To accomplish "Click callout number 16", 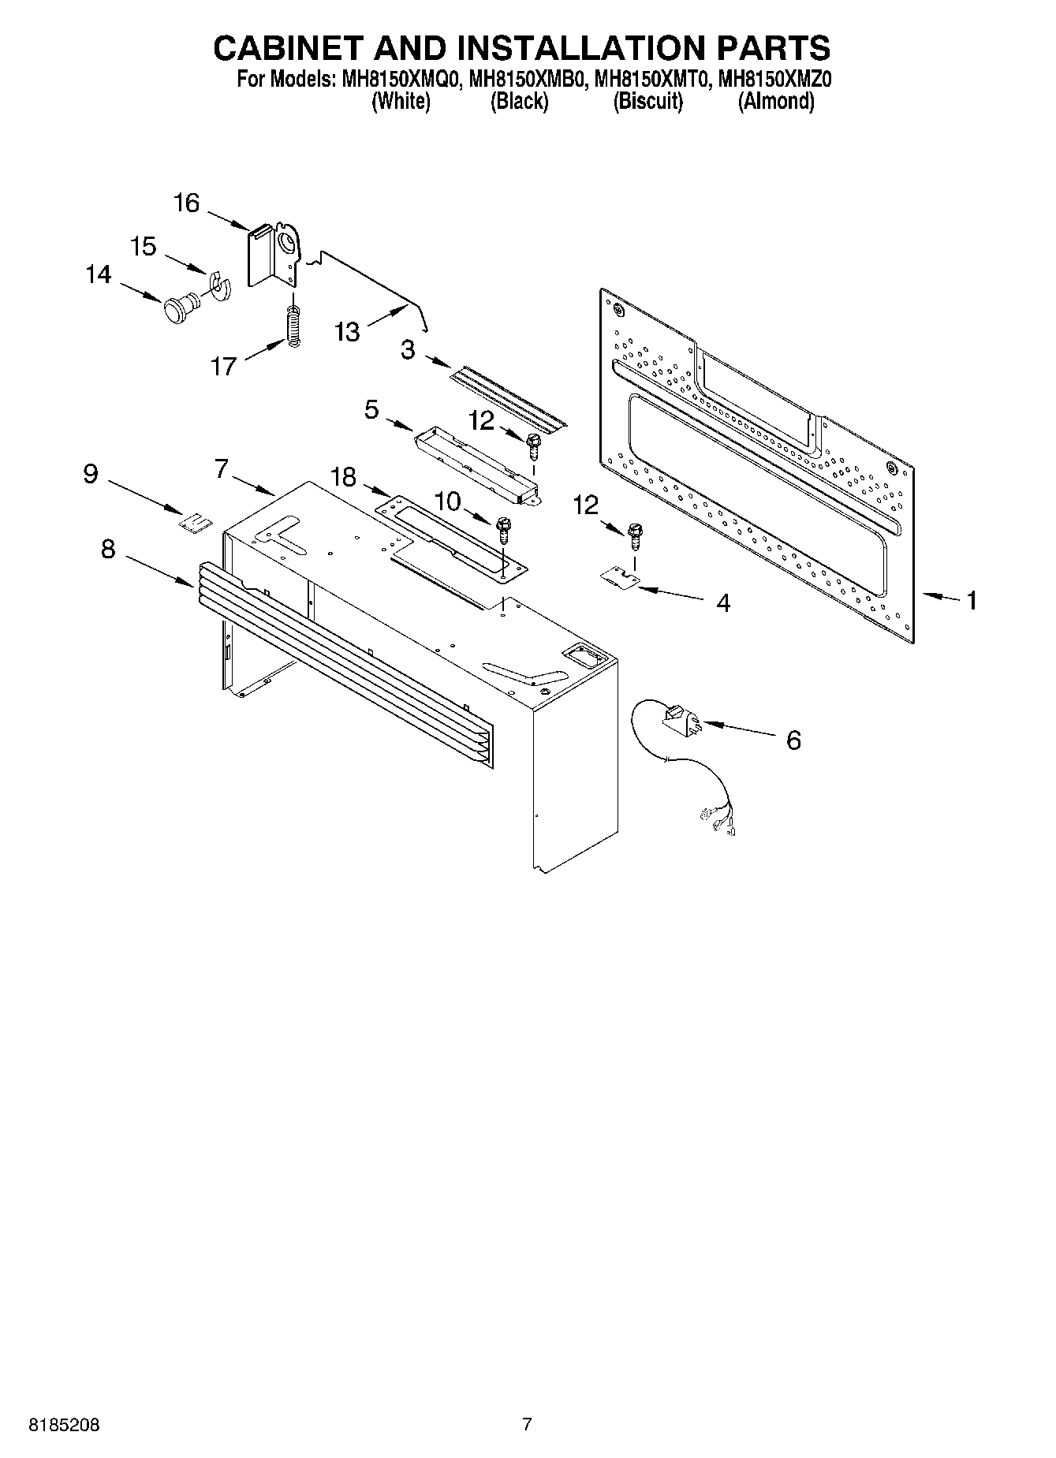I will [x=187, y=203].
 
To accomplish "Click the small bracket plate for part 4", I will [x=619, y=579].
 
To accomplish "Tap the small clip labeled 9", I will [x=195, y=522].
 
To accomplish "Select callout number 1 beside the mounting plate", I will [x=972, y=601].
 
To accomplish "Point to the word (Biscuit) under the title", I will [x=647, y=101].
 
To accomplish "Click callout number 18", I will [x=343, y=477].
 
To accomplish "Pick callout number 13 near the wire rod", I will [x=347, y=331].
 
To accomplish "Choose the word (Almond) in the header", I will [x=775, y=101].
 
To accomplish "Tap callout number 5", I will [x=371, y=409].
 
